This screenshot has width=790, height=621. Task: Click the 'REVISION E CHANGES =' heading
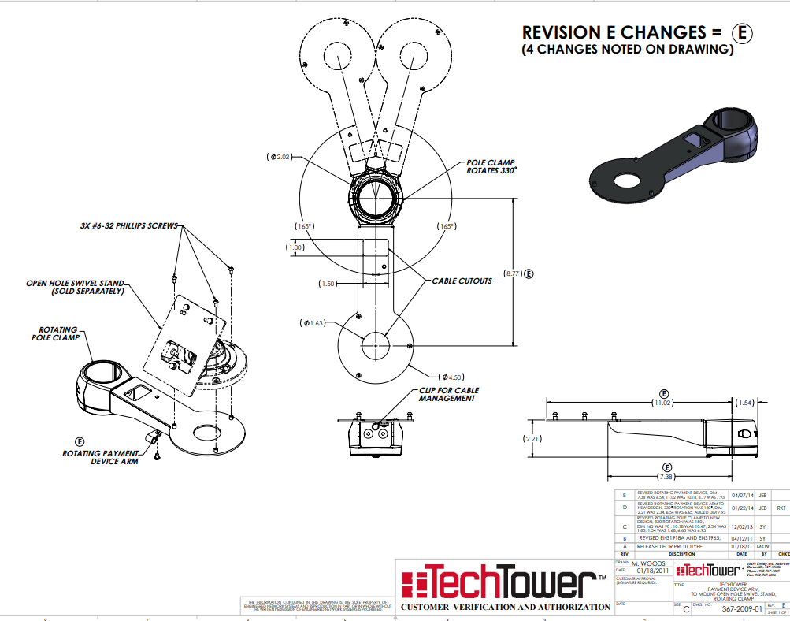pyautogui.click(x=622, y=32)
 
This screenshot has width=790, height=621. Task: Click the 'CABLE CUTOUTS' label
pyautogui.click(x=462, y=281)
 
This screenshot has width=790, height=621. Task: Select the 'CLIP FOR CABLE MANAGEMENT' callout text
pyautogui.click(x=448, y=394)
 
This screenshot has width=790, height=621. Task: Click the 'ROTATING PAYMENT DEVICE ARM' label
pyautogui.click(x=100, y=457)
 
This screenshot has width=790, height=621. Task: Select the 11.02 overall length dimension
pyautogui.click(x=664, y=403)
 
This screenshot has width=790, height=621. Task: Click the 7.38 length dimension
pyautogui.click(x=667, y=477)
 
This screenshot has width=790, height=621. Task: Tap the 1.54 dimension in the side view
pyautogui.click(x=745, y=403)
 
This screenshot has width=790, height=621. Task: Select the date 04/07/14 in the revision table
pyautogui.click(x=742, y=496)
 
